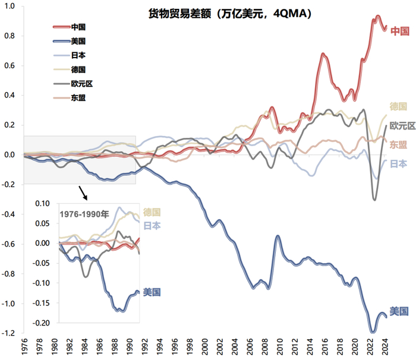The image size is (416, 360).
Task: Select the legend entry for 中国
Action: (78, 27)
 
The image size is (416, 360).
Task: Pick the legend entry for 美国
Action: (78, 42)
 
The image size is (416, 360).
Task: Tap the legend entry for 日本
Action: (78, 56)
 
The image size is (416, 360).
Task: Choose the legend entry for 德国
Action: (78, 70)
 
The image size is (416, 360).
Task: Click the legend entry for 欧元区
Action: (81, 84)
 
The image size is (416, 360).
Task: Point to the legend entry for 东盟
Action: (78, 98)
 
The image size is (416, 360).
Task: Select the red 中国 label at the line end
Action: (399, 31)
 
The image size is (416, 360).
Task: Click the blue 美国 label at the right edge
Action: (398, 311)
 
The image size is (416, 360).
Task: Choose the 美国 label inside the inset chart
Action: (152, 292)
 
